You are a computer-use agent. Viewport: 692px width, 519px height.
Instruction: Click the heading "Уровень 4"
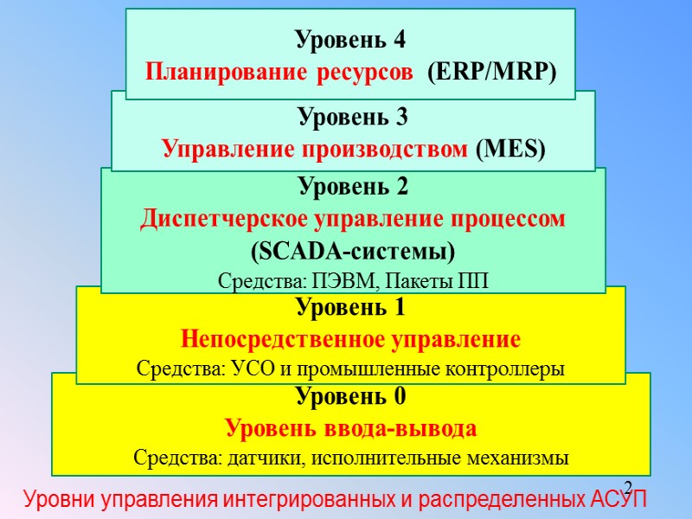(x=350, y=40)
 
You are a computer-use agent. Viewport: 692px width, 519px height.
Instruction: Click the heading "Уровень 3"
(x=352, y=116)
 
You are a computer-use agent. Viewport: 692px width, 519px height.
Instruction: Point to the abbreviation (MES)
(x=511, y=149)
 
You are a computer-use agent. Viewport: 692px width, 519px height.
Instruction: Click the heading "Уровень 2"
(x=352, y=186)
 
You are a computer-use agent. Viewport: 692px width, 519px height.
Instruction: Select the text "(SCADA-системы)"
(x=352, y=251)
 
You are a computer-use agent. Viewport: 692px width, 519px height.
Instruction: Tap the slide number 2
(x=628, y=486)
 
